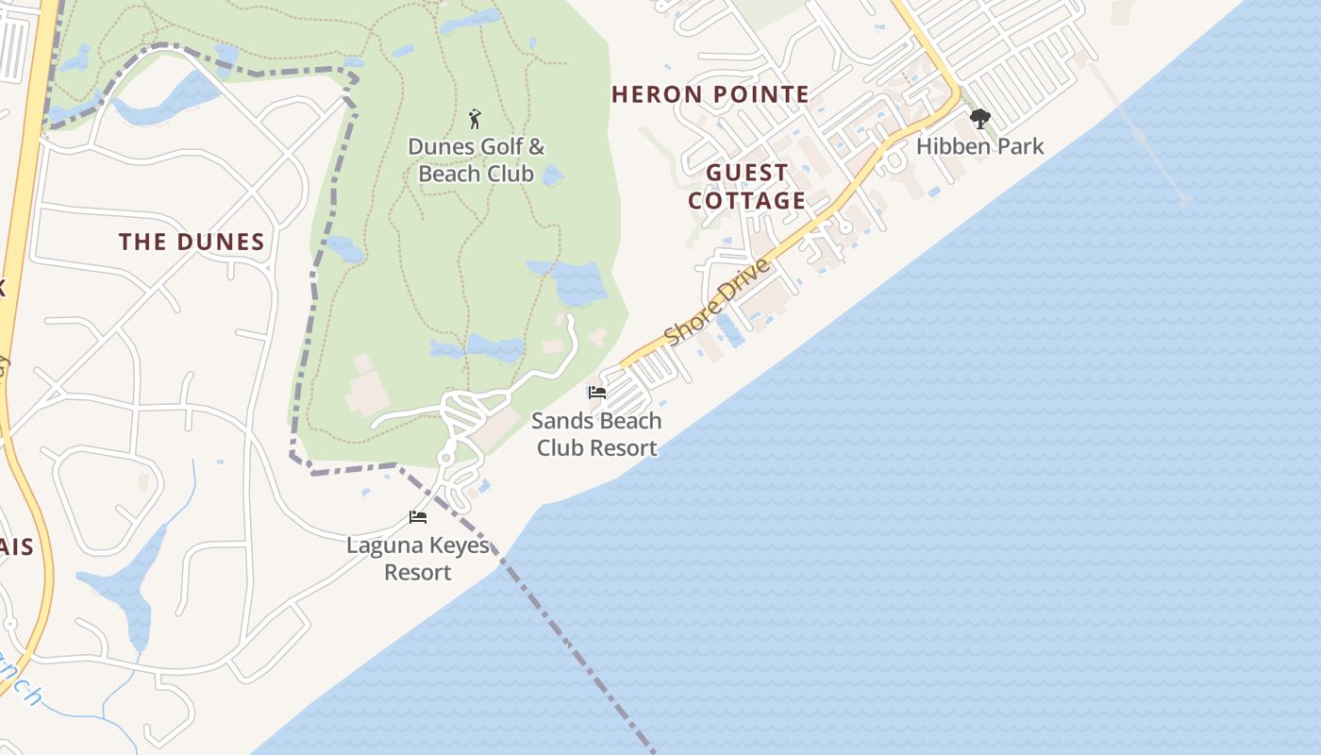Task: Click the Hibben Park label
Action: tap(980, 146)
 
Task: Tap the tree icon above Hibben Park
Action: tap(980, 119)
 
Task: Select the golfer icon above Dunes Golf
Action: tap(475, 119)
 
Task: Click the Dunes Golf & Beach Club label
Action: tap(477, 160)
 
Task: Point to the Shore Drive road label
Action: tap(717, 302)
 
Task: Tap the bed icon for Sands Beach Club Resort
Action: tap(596, 393)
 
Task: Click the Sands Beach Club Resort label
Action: tap(597, 434)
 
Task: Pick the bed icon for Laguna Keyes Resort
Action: tap(418, 517)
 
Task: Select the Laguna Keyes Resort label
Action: tap(418, 559)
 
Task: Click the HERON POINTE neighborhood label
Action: tap(711, 94)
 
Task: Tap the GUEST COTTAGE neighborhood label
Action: tap(747, 187)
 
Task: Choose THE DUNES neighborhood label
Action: tap(192, 242)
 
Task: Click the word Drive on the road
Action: tap(743, 281)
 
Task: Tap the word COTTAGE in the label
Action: tap(747, 201)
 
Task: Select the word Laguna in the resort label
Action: tap(381, 545)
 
